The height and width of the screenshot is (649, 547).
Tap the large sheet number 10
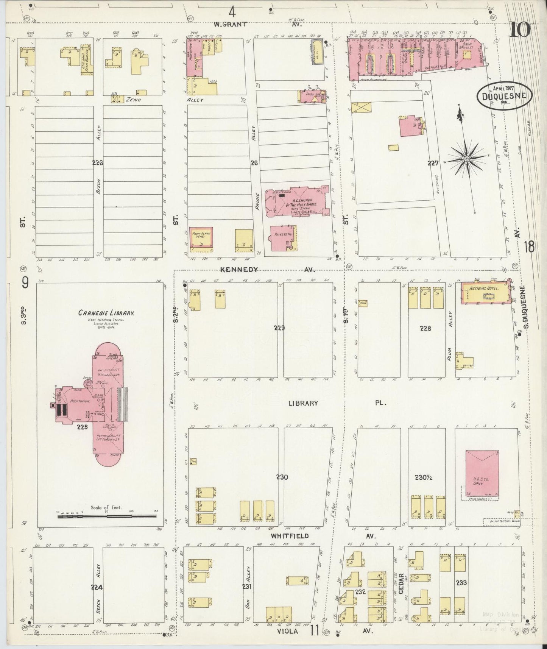pyautogui.click(x=520, y=30)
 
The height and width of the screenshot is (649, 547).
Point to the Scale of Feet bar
pyautogui.click(x=106, y=516)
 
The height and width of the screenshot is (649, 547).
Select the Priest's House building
pyautogui.click(x=283, y=239)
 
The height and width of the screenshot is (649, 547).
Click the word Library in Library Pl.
pyautogui.click(x=303, y=404)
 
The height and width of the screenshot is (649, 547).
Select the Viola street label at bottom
pyautogui.click(x=289, y=632)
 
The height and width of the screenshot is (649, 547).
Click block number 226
pyautogui.click(x=98, y=163)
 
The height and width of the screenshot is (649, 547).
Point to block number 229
pyautogui.click(x=280, y=328)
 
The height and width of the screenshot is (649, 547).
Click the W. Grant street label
pyautogui.click(x=230, y=24)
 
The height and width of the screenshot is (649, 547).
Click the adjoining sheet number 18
pyautogui.click(x=529, y=247)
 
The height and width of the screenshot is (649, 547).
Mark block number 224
pyautogui.click(x=98, y=587)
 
